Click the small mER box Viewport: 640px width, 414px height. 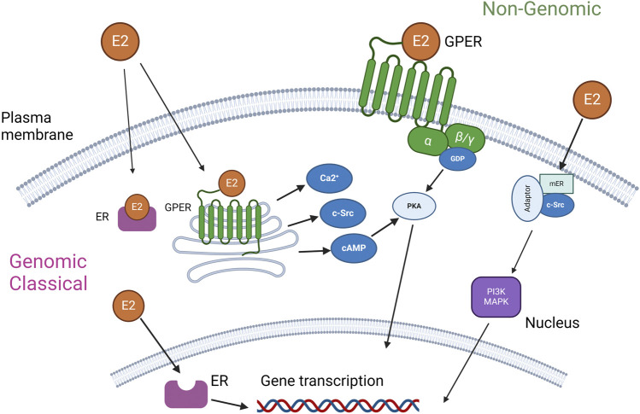[x=556, y=182]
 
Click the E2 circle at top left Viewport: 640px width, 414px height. [x=119, y=40]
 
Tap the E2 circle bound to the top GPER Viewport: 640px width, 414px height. [x=422, y=40]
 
